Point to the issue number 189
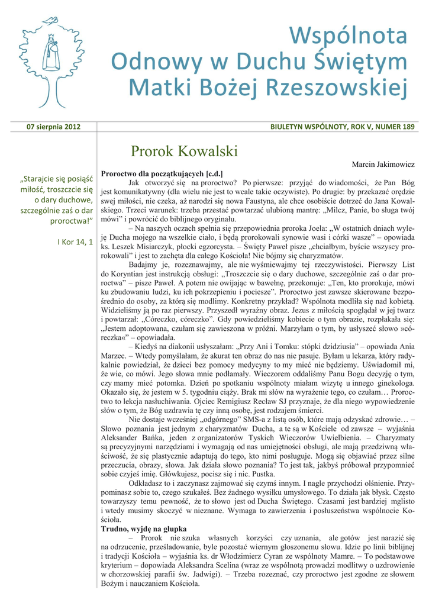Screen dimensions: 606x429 pos(407,127)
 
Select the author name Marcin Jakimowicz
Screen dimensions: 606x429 pos(383,163)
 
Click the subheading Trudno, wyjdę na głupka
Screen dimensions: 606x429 pos(144,528)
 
